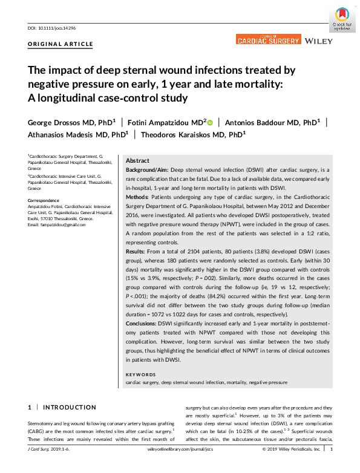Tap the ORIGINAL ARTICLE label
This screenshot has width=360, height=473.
tap(61, 44)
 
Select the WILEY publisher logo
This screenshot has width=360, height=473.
tap(318, 41)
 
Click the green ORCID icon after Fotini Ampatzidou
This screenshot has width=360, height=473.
tap(210, 122)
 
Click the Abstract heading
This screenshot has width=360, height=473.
tap(139, 161)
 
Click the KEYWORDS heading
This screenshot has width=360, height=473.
tap(141, 376)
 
